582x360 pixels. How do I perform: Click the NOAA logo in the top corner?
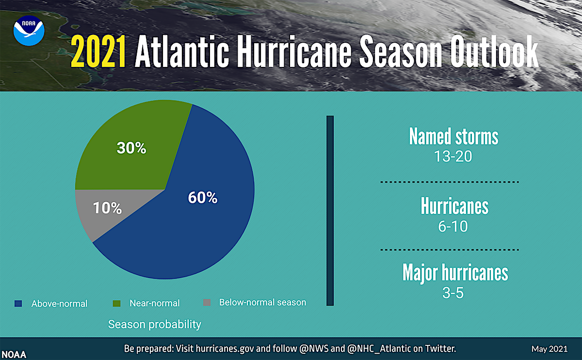[29, 30]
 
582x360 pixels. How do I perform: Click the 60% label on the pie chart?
[202, 197]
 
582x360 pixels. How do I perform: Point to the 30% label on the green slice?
[131, 148]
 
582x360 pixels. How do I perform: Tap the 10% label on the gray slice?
[107, 208]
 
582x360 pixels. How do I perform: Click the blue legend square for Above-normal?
[18, 303]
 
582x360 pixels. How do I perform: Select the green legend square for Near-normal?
[116, 303]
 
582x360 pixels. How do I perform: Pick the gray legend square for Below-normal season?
[207, 302]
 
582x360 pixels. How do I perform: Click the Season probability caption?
[154, 324]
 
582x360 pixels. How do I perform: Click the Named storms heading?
[453, 137]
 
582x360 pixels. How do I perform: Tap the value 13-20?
[453, 157]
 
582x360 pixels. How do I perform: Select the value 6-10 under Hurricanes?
[453, 226]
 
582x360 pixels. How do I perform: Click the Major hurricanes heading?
[455, 273]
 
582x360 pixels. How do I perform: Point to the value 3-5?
[453, 293]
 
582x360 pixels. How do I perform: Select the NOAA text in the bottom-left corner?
[14, 355]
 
